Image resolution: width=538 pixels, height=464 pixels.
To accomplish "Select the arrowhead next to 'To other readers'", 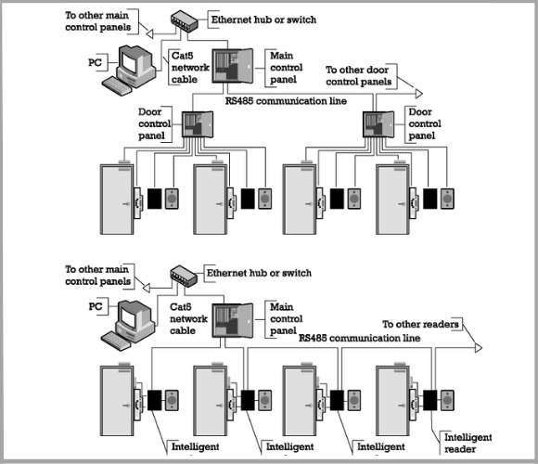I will (x=477, y=346).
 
